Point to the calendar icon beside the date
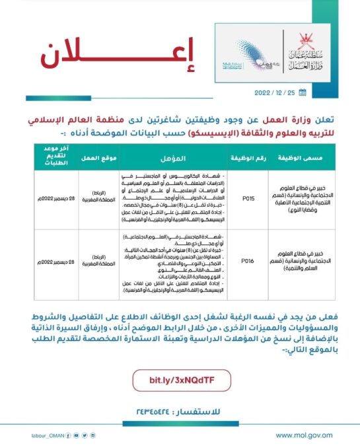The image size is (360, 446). [x=303, y=92]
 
